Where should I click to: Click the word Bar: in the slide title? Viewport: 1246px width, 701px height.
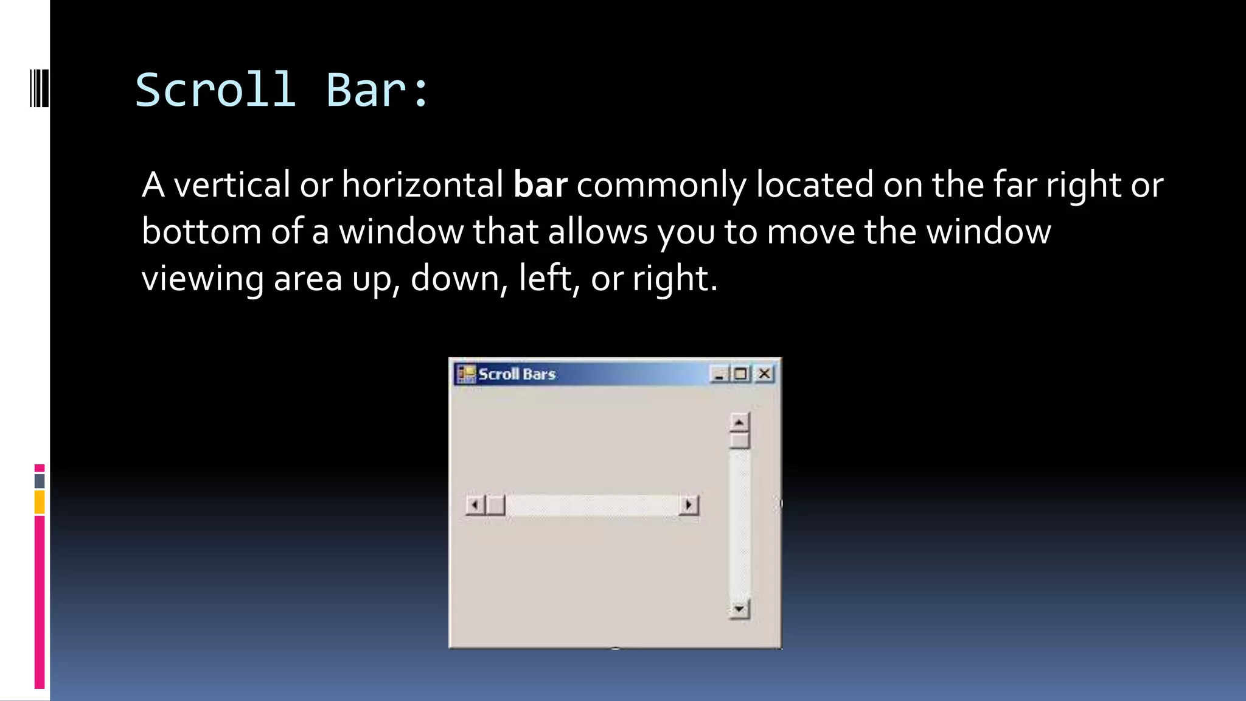click(378, 90)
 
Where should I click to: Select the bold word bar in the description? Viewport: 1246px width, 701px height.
click(540, 184)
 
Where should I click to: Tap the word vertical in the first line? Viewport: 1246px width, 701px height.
click(232, 184)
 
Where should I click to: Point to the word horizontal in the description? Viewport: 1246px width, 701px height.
click(422, 184)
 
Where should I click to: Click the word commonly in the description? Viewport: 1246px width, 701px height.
click(661, 184)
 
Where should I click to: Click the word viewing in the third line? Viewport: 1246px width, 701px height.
click(203, 278)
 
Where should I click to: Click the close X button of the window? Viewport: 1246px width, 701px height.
click(764, 374)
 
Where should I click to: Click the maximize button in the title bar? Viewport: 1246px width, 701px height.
click(741, 374)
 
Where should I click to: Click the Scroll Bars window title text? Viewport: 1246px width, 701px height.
click(517, 374)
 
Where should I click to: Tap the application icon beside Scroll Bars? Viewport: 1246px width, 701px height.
click(466, 374)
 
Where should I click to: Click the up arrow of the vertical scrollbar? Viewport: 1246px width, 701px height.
click(739, 422)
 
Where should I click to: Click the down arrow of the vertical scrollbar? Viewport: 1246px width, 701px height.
click(739, 609)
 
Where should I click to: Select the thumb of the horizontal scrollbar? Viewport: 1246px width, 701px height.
click(496, 505)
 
